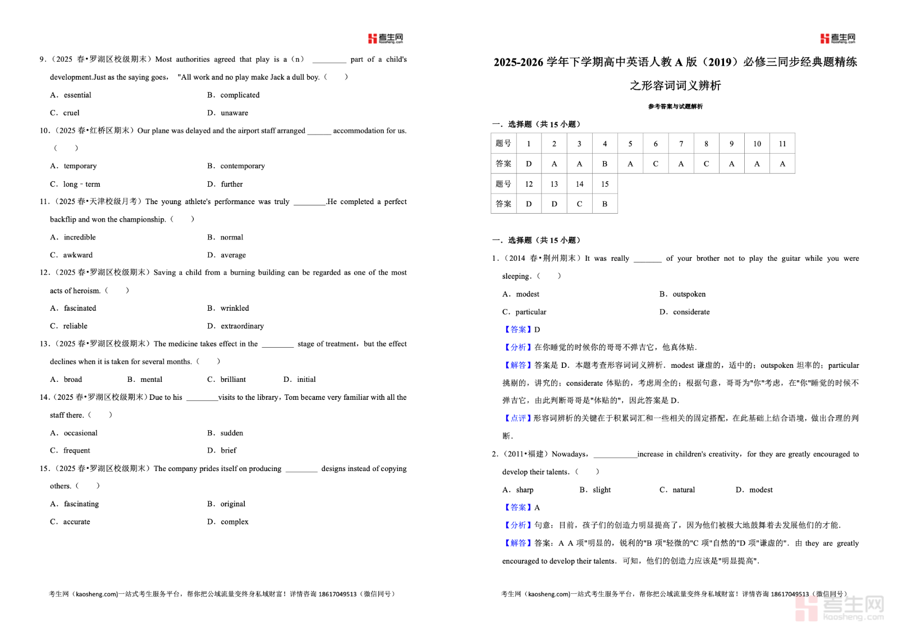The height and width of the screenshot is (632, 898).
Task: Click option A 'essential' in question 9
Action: (77, 95)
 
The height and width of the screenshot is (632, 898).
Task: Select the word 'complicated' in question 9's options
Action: (240, 95)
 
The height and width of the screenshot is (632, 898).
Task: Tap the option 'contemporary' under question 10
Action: (242, 166)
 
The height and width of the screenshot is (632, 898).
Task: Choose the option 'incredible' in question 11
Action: (79, 237)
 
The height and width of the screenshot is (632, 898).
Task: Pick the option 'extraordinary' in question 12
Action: (242, 326)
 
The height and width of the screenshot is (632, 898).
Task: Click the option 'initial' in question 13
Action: (306, 380)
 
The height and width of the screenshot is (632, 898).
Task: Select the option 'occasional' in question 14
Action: (80, 433)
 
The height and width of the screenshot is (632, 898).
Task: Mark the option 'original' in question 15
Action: (233, 504)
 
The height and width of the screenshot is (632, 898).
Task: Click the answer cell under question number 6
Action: (656, 164)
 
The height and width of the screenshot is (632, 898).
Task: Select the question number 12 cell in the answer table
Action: (529, 184)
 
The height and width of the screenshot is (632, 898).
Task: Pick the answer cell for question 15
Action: (604, 204)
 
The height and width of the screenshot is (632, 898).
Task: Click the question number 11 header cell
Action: (782, 144)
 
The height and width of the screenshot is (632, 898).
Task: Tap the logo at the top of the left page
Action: (386, 38)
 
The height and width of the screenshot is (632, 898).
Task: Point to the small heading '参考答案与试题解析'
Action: (675, 107)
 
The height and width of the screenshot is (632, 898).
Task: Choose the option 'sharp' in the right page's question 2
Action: (524, 490)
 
